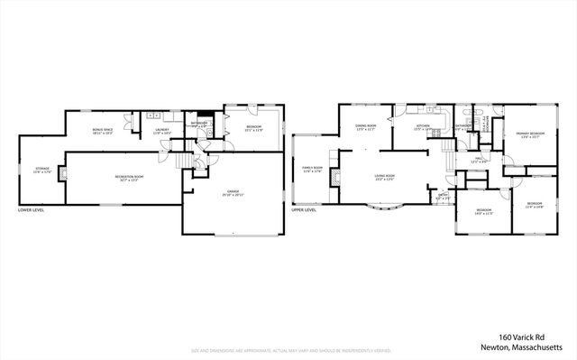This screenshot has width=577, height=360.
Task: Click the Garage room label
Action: (x=234, y=194)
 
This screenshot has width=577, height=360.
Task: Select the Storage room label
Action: (x=42, y=171)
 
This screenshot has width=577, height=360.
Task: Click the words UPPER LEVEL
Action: (x=304, y=211)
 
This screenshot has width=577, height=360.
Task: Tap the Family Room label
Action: (x=313, y=170)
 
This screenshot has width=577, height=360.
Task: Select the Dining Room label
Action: (x=365, y=127)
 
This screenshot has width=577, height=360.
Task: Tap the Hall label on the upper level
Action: (x=480, y=162)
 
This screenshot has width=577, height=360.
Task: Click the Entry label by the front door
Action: (x=443, y=196)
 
